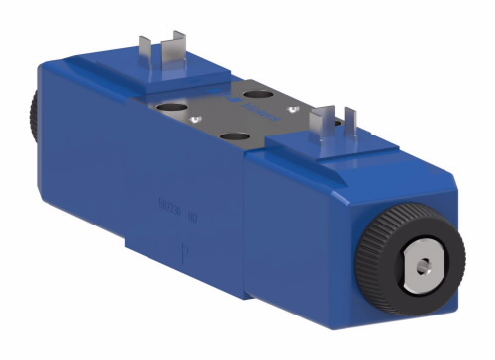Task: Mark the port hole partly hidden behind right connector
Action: pos(297,123)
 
